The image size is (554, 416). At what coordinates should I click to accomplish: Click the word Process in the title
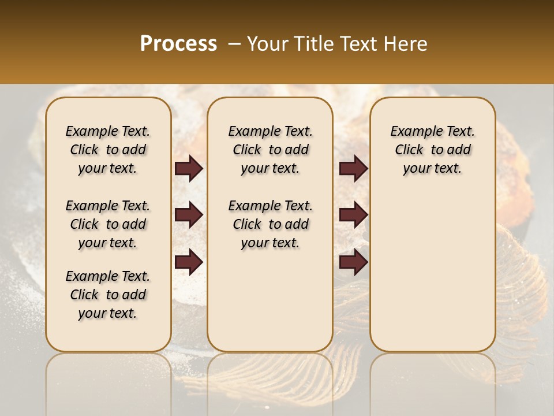click(178, 44)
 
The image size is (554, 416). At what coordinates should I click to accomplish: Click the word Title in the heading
click(313, 44)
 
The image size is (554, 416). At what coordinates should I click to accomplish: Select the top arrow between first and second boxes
click(189, 168)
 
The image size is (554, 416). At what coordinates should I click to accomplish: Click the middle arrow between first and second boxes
click(189, 215)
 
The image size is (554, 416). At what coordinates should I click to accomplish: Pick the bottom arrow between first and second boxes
click(189, 262)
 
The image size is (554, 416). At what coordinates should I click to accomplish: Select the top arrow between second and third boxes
click(353, 168)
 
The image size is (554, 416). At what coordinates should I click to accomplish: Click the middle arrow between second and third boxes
click(353, 215)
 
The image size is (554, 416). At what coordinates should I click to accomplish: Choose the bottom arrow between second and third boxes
click(353, 262)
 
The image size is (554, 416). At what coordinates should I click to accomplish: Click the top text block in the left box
click(108, 150)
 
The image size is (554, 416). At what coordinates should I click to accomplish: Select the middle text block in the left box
click(108, 224)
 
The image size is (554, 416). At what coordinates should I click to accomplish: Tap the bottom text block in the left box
click(108, 295)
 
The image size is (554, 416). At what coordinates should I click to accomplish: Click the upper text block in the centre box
click(271, 150)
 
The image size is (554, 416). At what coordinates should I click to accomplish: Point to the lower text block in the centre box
click(271, 224)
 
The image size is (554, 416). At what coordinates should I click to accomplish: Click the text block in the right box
click(433, 150)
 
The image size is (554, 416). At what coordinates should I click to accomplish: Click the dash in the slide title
click(234, 44)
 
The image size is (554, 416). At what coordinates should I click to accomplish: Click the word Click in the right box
click(409, 150)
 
